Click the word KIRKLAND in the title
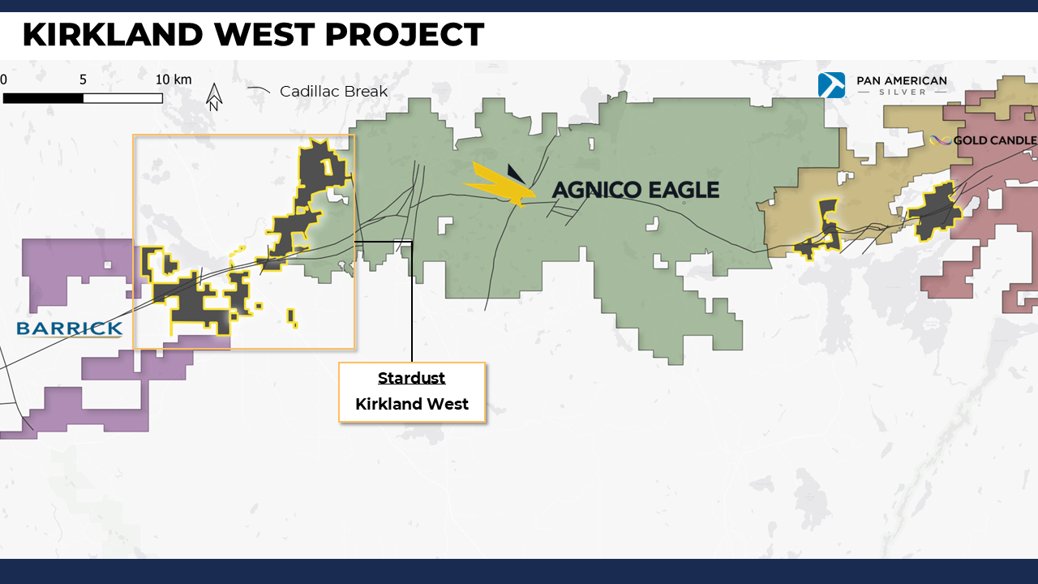click(x=113, y=34)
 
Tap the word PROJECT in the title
click(x=405, y=34)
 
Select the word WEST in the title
click(x=264, y=34)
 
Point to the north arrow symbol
click(x=213, y=97)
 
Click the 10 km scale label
click(x=174, y=79)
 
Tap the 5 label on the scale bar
click(x=83, y=79)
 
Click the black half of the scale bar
click(x=43, y=98)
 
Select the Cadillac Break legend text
click(x=333, y=92)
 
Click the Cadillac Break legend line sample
click(x=259, y=90)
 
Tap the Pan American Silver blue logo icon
click(x=831, y=85)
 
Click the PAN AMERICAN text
click(x=901, y=80)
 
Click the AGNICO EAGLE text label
click(x=636, y=190)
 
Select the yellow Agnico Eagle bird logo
click(x=500, y=184)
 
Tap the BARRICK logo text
click(x=70, y=328)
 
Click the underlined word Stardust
click(x=411, y=378)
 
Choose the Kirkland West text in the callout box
click(x=412, y=404)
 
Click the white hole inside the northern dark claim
click(x=327, y=166)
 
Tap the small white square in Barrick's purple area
click(x=108, y=265)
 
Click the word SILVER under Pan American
click(x=902, y=92)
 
